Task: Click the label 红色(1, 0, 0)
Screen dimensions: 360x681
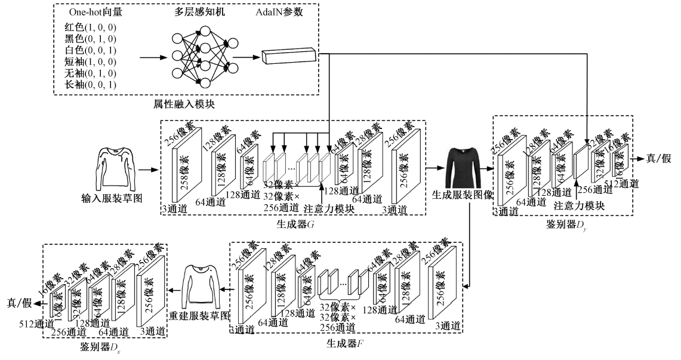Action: [x=90, y=27]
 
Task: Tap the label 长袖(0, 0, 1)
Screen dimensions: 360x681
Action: [x=90, y=85]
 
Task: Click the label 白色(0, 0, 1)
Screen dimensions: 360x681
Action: [x=90, y=50]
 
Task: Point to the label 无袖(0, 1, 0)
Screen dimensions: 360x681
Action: [x=90, y=73]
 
